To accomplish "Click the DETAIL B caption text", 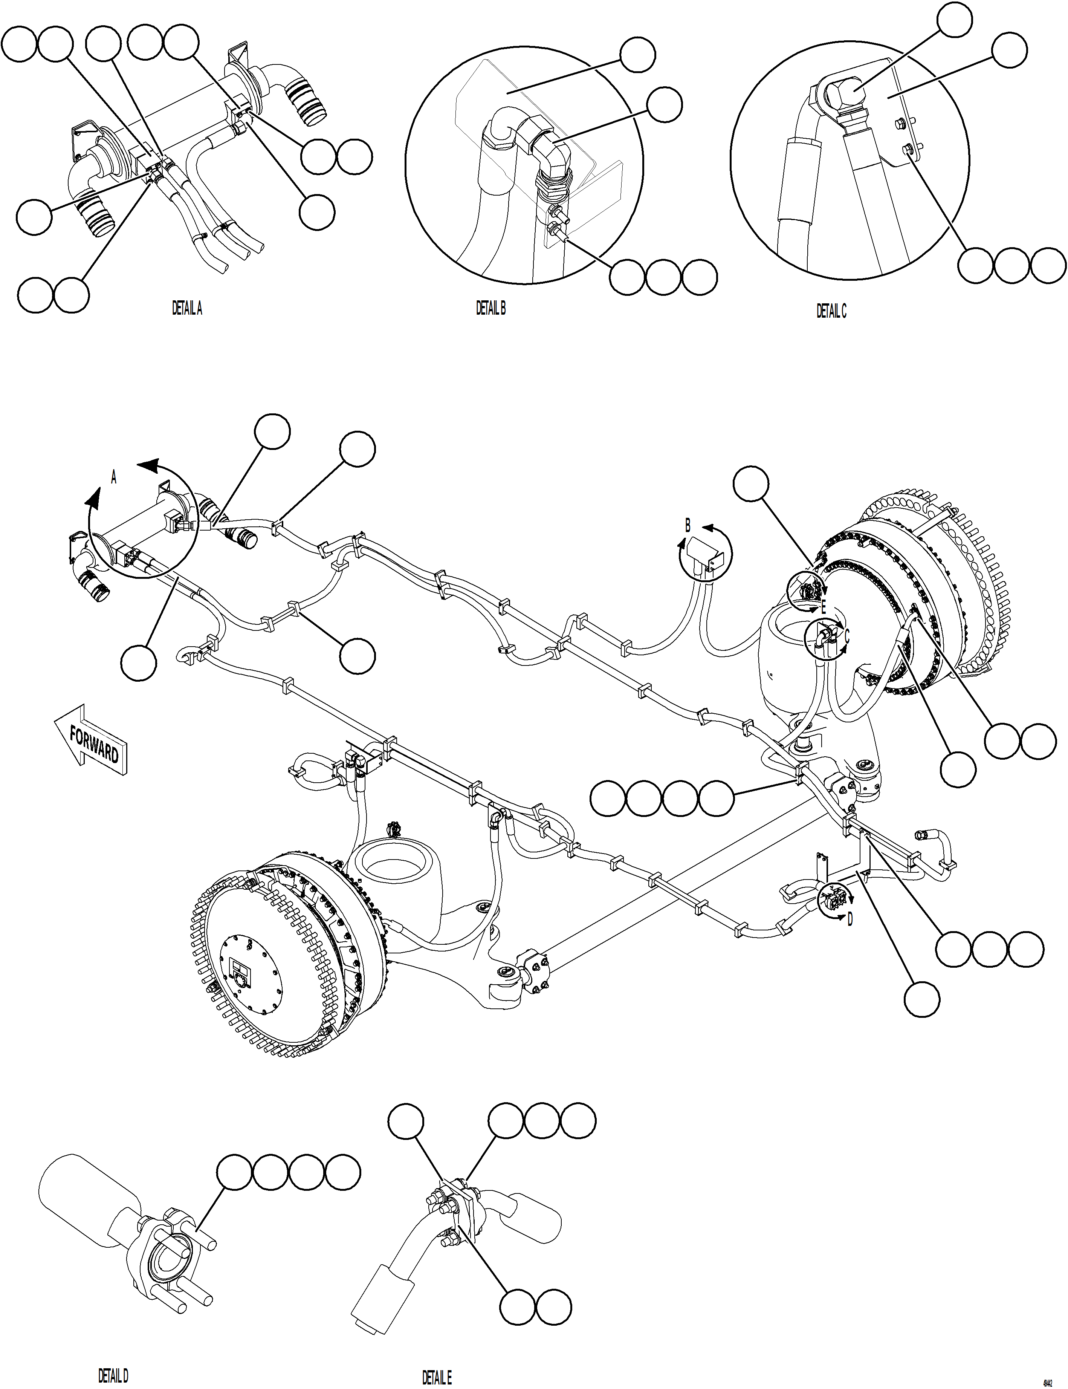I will pos(491,309).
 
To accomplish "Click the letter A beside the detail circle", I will pos(114,477).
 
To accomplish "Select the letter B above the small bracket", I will pos(687,526).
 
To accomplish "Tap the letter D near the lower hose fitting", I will pos(850,919).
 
